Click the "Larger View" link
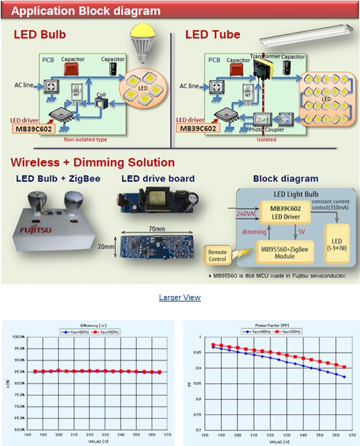[x=180, y=297]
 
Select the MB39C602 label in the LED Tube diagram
[x=198, y=128]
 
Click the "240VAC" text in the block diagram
[x=245, y=215]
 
